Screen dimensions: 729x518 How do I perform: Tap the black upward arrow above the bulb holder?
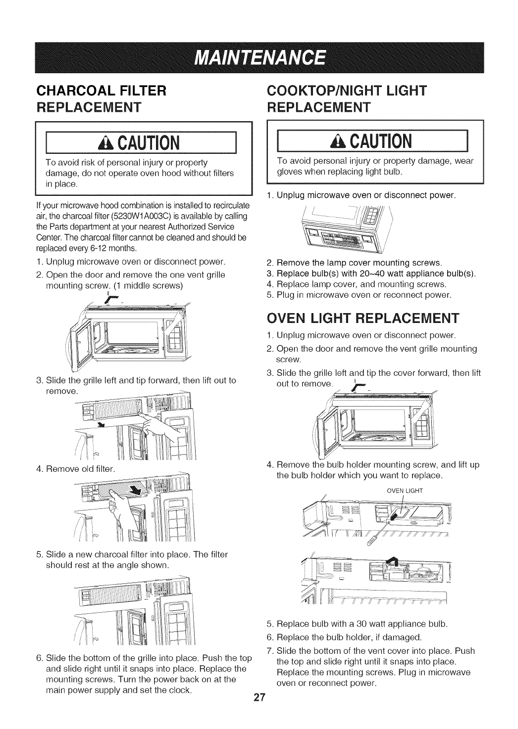click(x=396, y=558)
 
